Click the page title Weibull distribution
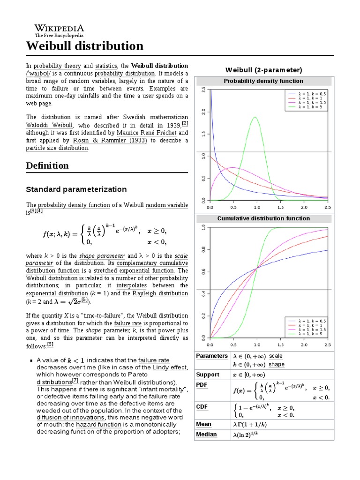[x=84, y=46]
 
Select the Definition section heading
[x=47, y=165]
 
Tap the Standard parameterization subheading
[x=76, y=189]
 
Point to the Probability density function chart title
[x=263, y=81]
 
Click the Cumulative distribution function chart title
[x=263, y=218]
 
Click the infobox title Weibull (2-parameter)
[x=263, y=70]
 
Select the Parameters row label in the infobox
[x=211, y=356]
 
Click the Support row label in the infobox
[x=208, y=375]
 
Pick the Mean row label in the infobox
[x=204, y=424]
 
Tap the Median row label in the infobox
[x=206, y=435]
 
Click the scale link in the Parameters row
[x=276, y=356]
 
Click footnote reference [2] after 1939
[x=185, y=124]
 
